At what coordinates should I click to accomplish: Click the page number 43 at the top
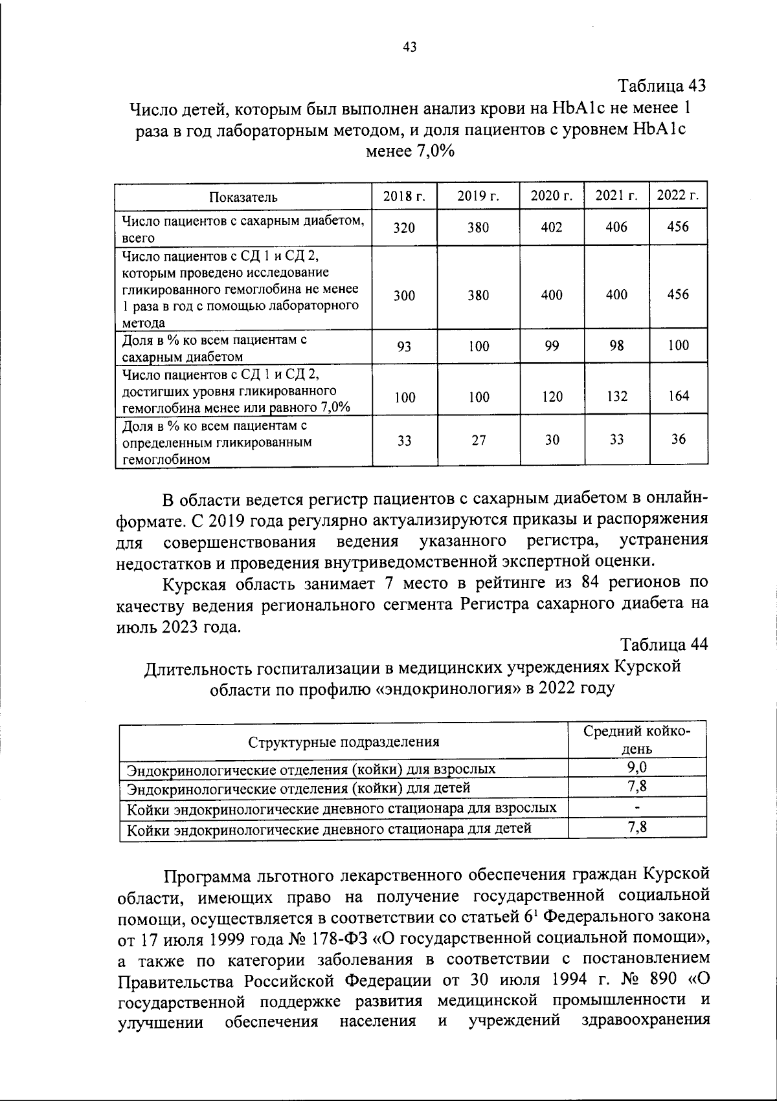pyautogui.click(x=409, y=47)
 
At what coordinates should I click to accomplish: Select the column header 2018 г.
pyautogui.click(x=404, y=197)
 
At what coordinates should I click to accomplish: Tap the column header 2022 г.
pyautogui.click(x=678, y=195)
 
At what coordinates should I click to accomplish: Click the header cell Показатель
pyautogui.click(x=243, y=197)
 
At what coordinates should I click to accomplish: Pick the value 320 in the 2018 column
pyautogui.click(x=404, y=228)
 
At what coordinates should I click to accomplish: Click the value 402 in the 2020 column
pyautogui.click(x=552, y=227)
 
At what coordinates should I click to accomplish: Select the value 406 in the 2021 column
pyautogui.click(x=616, y=227)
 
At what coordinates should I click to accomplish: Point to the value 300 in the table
pyautogui.click(x=404, y=296)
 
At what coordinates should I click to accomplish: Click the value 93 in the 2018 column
pyautogui.click(x=404, y=347)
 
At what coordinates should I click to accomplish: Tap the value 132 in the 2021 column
pyautogui.click(x=616, y=396)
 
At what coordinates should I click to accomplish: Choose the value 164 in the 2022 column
pyautogui.click(x=678, y=395)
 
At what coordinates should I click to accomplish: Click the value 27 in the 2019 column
pyautogui.click(x=479, y=441)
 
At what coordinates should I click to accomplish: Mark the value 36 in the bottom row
pyautogui.click(x=678, y=439)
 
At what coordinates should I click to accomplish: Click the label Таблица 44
pyautogui.click(x=664, y=644)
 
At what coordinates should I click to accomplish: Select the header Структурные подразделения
pyautogui.click(x=344, y=741)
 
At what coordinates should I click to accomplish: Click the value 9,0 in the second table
pyautogui.click(x=637, y=767)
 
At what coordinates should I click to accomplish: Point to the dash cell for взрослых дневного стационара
pyautogui.click(x=637, y=808)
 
